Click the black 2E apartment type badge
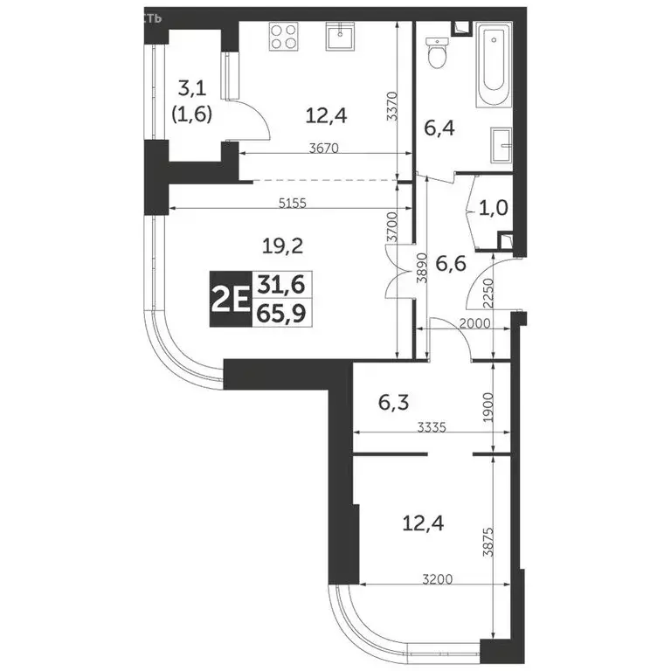(229, 300)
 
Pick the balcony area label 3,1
(195, 87)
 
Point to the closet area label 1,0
(490, 209)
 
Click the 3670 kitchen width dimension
(324, 149)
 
